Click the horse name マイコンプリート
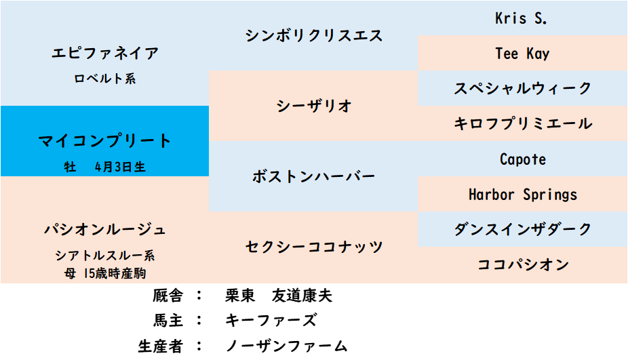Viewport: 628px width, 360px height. (104, 141)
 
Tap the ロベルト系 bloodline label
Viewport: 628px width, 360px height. (105, 79)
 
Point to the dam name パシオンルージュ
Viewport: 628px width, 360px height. (105, 229)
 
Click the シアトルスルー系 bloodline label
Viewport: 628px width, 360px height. (105, 255)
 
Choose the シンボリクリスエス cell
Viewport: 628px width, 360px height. (313, 36)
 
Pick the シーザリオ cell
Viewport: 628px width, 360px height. (313, 106)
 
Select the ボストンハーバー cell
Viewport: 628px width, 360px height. (313, 176)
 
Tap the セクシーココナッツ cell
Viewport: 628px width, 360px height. (313, 247)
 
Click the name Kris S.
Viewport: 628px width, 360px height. (521, 18)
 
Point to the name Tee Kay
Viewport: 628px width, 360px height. (522, 54)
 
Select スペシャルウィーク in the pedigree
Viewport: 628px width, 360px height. (523, 89)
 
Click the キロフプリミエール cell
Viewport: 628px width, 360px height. (523, 123)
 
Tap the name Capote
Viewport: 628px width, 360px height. (523, 159)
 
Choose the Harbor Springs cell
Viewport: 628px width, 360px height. (523, 194)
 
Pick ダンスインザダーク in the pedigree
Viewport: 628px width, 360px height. (523, 229)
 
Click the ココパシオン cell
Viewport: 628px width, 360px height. (523, 264)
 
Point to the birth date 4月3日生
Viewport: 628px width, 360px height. (120, 167)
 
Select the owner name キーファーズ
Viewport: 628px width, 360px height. (271, 321)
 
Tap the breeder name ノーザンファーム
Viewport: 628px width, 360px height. (286, 346)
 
